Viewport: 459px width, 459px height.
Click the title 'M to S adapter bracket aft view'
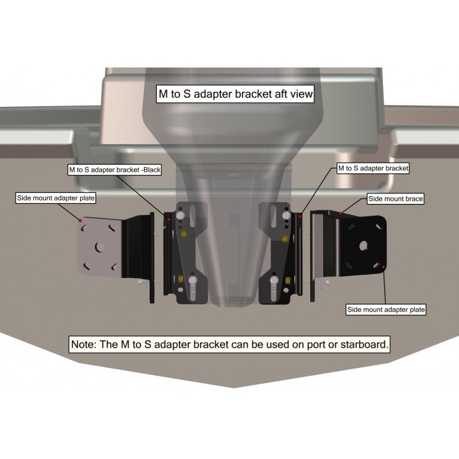coord(235,94)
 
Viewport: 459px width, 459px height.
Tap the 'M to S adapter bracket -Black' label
coord(115,170)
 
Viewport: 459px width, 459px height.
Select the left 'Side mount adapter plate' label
coord(56,198)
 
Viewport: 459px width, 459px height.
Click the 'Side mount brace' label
coord(395,199)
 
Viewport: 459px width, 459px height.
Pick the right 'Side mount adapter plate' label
coord(386,309)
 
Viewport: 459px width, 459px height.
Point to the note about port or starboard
coord(229,344)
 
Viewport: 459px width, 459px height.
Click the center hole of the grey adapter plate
coord(100,247)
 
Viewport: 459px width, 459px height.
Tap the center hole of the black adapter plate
coord(363,246)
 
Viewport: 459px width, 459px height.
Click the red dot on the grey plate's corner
coord(80,220)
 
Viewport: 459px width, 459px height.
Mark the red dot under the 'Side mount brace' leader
coord(341,214)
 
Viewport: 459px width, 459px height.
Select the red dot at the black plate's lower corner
coord(384,267)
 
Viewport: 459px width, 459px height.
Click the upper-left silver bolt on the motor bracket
coord(180,216)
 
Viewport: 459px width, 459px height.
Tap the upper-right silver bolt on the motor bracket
coord(286,216)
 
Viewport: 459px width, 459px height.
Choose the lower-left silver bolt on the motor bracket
coord(192,280)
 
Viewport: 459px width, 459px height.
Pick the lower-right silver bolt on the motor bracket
coord(274,279)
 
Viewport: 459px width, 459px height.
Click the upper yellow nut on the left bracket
coord(184,233)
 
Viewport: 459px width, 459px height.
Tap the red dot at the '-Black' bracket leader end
coord(169,219)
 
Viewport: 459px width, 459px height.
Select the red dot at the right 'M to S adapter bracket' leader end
coord(300,216)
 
